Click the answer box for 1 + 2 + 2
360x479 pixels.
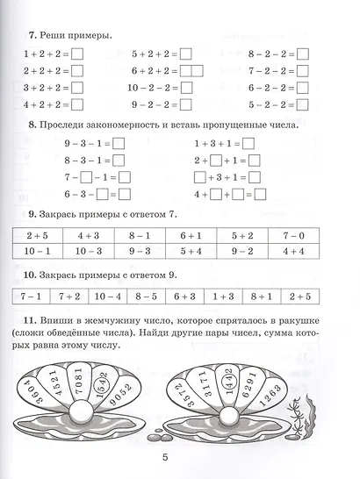tap(76, 55)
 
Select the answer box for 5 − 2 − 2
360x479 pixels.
tap(304, 104)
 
